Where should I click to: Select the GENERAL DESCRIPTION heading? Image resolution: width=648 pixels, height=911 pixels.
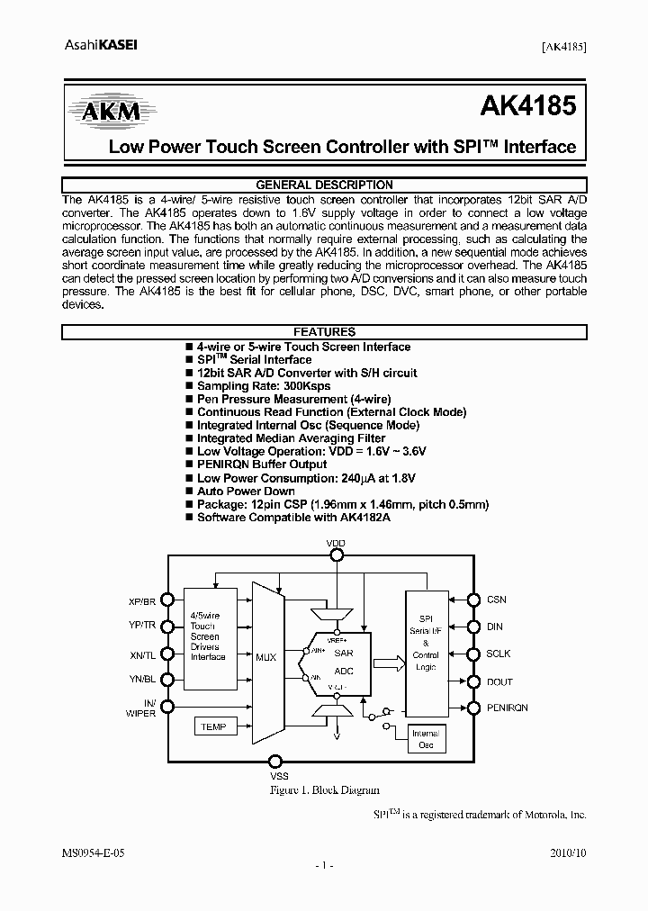point(324,185)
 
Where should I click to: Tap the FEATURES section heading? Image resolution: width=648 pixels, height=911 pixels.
point(324,332)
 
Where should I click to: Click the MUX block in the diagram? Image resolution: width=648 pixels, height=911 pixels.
point(265,658)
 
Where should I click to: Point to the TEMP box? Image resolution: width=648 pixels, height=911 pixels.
point(213,726)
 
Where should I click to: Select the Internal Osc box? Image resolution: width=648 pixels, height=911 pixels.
point(426,739)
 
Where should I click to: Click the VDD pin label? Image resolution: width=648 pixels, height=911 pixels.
point(336,544)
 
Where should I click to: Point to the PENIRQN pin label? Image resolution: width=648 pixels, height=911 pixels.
point(508,708)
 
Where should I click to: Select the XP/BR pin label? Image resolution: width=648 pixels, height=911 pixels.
point(142,600)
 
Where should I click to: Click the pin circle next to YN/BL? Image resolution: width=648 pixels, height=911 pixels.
point(168,681)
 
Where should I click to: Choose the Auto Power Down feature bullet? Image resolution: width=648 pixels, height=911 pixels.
point(246,492)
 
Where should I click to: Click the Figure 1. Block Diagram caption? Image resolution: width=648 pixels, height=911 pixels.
point(325,789)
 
